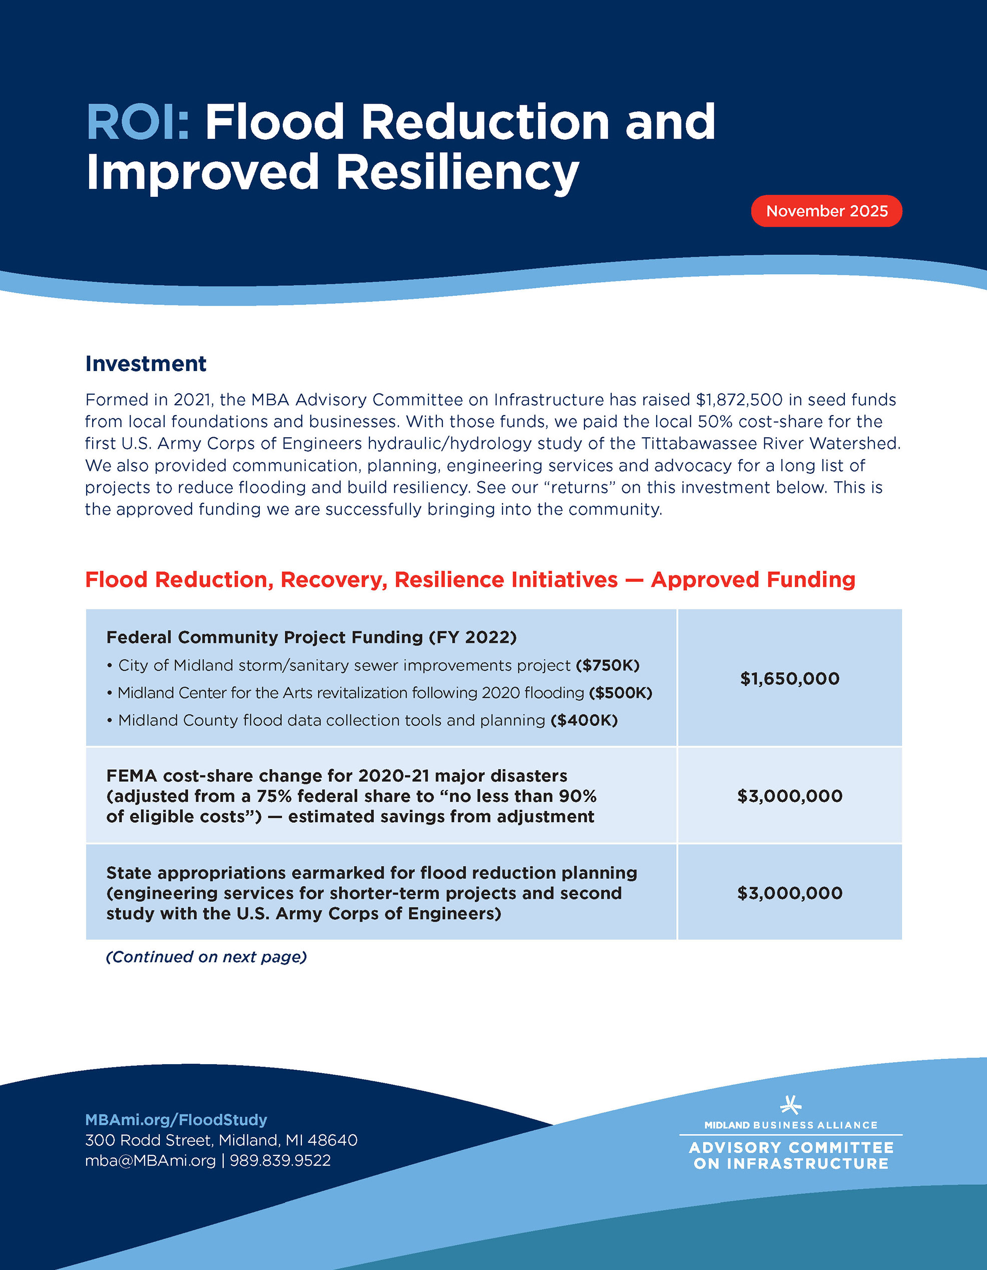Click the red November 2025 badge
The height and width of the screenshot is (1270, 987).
click(x=826, y=211)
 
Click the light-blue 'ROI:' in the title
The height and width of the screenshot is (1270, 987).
click(x=138, y=122)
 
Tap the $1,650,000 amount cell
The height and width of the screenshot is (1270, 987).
click(x=789, y=678)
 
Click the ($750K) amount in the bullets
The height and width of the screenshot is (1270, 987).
click(x=608, y=665)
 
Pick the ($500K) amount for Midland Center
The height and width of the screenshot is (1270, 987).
click(x=620, y=693)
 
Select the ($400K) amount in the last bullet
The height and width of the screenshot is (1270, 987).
click(x=584, y=721)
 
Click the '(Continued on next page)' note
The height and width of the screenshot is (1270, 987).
click(x=206, y=957)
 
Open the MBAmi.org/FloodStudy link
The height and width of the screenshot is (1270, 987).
click(x=176, y=1120)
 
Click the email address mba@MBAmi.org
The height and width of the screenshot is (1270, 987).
click(x=150, y=1161)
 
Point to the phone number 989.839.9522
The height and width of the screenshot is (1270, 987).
click(x=280, y=1161)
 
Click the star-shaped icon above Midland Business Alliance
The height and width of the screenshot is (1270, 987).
click(x=790, y=1104)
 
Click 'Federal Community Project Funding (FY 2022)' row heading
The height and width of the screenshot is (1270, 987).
click(x=311, y=638)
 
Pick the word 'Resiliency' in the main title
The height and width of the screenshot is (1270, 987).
click(x=457, y=172)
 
